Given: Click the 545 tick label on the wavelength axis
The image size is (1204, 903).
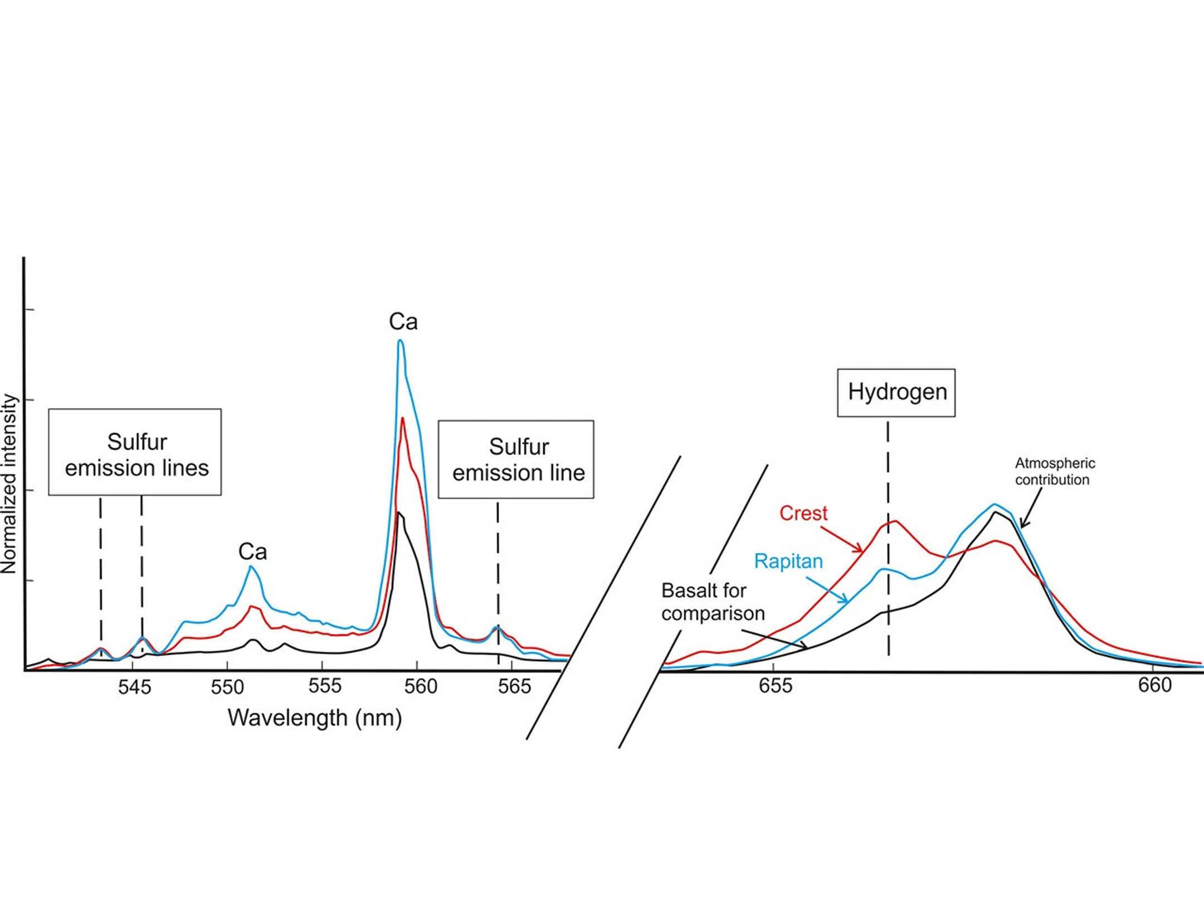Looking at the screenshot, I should pos(134,687).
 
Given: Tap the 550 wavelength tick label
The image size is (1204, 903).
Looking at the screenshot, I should pos(227,687).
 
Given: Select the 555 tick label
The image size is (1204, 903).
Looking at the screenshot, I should pos(324,686).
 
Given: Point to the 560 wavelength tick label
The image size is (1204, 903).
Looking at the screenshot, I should pos(421,686).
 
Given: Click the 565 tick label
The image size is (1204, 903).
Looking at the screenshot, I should pos(514,686).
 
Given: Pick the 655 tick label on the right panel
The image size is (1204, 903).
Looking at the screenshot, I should pos(775,685).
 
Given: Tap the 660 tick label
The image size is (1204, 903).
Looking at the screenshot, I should pos(1155,685).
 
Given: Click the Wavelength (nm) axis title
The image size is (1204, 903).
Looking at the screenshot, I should pos(315,717).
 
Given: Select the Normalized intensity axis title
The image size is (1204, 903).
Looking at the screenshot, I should pos(9,484).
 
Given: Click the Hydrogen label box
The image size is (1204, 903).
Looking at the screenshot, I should pos(896,392).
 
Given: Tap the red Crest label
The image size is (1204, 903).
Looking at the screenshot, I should pos(803,513).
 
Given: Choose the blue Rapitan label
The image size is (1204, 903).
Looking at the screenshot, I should pos(788,561).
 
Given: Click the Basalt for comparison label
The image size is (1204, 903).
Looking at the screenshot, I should pos(713,602).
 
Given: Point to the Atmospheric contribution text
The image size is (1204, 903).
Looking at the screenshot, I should pos(1055,471).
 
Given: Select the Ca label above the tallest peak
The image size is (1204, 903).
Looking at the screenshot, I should pos(403,322).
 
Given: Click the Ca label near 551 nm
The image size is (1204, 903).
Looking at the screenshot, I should pos(252,552).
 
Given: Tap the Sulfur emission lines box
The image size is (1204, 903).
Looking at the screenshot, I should pos(135,452).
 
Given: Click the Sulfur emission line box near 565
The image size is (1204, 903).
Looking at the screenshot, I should pos(516,459).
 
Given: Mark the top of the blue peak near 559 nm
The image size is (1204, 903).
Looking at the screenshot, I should pos(400,340).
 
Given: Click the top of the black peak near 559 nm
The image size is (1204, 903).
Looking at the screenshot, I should pos(399,512).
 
